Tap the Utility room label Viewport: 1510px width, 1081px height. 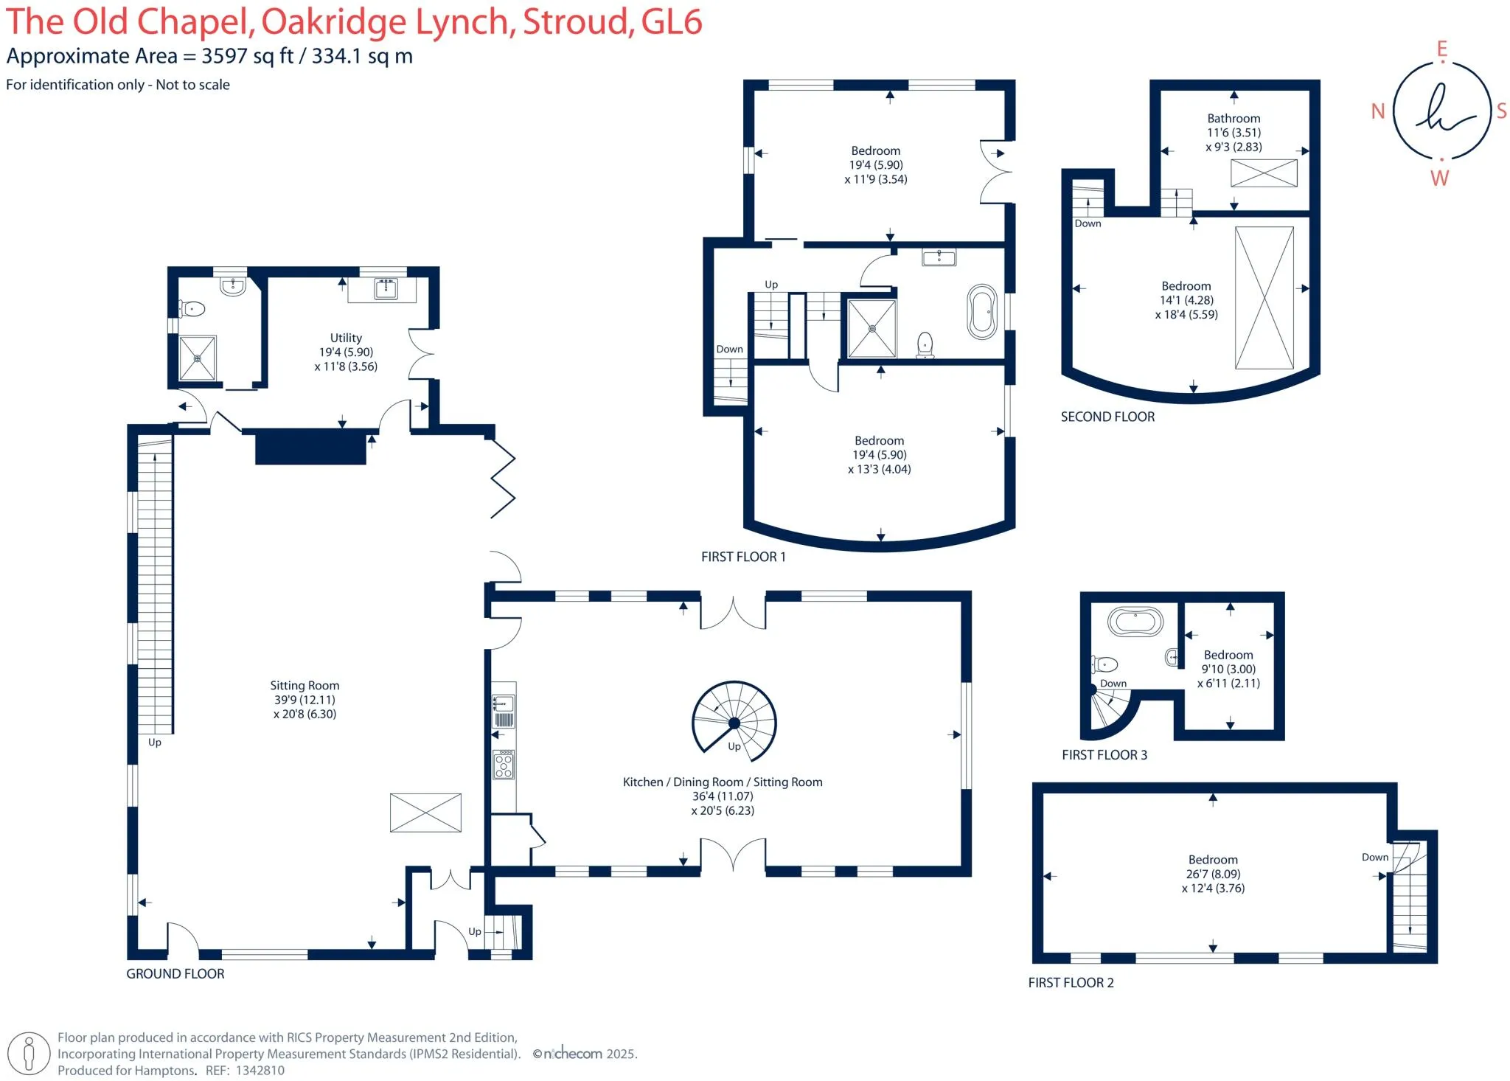coord(346,338)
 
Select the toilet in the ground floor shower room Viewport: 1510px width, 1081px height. coord(192,308)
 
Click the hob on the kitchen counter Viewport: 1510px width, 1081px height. coord(504,765)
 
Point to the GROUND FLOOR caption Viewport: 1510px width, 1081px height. coord(175,973)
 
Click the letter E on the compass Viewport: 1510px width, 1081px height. coord(1441,49)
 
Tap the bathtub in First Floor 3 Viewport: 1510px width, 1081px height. coord(1135,622)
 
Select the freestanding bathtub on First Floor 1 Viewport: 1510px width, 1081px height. coord(982,313)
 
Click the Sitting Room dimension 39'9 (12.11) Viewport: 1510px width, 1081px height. coord(304,700)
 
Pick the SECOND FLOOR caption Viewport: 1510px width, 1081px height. coord(1107,417)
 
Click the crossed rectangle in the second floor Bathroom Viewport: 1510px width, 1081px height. coord(1264,173)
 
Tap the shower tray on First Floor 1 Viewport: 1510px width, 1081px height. coord(872,328)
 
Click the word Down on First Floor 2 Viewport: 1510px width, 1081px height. coord(1374,857)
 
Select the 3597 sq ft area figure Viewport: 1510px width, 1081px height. coord(248,56)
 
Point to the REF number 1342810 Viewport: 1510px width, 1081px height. coord(260,1070)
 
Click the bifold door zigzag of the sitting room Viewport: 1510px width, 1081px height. coord(503,478)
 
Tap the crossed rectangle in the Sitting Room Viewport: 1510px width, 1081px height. coord(425,812)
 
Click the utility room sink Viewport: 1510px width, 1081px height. coord(386,288)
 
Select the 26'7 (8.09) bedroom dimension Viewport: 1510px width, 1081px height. coord(1213,874)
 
